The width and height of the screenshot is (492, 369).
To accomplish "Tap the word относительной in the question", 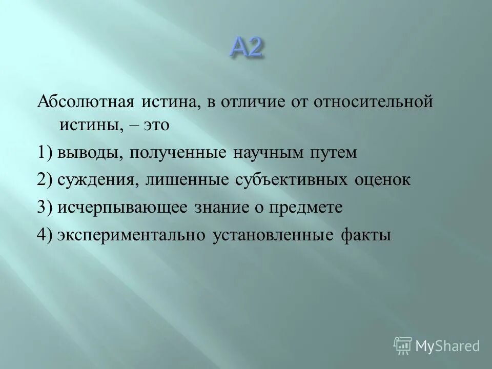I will pyautogui.click(x=375, y=102).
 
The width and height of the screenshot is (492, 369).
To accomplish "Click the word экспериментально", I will pyautogui.click(x=132, y=235).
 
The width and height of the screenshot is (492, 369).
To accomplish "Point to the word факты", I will pyautogui.click(x=365, y=235).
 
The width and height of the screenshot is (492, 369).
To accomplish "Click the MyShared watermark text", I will pyautogui.click(x=447, y=346).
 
